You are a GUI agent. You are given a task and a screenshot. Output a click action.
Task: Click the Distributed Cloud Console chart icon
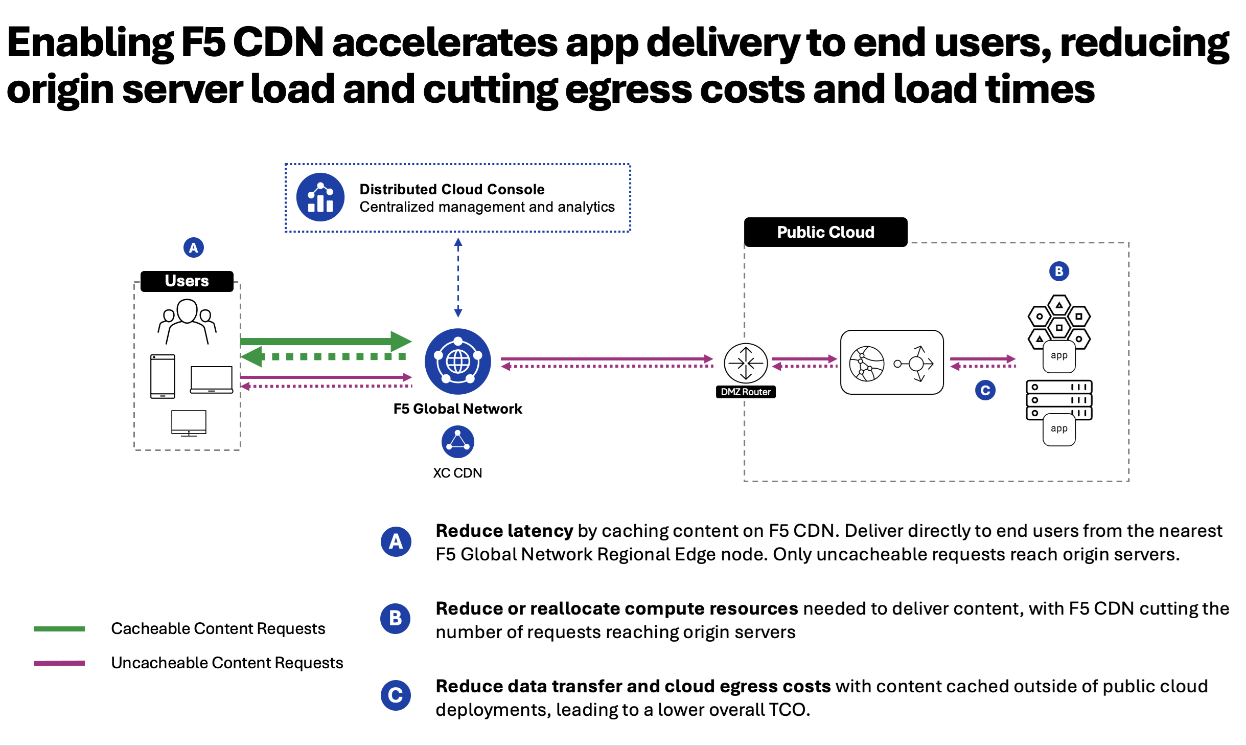(x=320, y=197)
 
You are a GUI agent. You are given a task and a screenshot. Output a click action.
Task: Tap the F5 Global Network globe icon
(x=457, y=361)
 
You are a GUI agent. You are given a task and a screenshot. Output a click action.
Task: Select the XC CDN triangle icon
(x=457, y=442)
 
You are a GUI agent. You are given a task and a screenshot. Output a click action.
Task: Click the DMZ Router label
(x=746, y=392)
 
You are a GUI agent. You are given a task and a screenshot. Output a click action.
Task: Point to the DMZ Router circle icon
(x=746, y=363)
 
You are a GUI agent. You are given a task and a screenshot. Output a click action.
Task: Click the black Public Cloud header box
(x=825, y=232)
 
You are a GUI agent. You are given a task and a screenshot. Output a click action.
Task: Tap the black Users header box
(x=187, y=281)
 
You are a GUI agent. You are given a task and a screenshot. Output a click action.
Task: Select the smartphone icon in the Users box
(x=163, y=376)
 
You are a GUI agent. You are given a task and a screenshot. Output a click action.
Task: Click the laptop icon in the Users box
(x=211, y=379)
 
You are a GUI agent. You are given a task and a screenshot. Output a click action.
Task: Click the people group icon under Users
(x=187, y=321)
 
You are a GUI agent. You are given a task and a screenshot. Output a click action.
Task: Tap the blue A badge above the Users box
(x=193, y=248)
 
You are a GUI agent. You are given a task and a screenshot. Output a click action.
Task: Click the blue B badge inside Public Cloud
(x=1059, y=271)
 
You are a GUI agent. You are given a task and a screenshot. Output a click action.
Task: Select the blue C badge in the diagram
(x=985, y=391)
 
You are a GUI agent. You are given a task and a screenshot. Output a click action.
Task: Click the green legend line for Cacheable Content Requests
(x=59, y=629)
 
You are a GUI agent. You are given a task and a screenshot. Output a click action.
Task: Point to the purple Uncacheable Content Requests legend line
(x=59, y=663)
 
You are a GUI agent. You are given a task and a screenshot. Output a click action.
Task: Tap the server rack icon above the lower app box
(x=1059, y=400)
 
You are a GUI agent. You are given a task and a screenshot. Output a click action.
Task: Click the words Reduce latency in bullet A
(x=504, y=531)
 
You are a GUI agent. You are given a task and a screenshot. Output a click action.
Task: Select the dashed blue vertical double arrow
(x=458, y=278)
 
